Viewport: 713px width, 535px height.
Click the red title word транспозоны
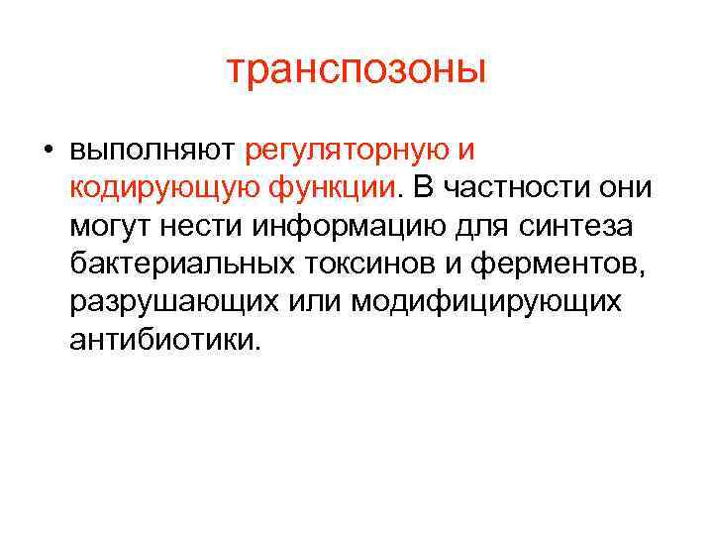[356, 69]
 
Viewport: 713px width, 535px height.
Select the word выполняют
[152, 151]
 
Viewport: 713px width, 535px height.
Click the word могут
[109, 226]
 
